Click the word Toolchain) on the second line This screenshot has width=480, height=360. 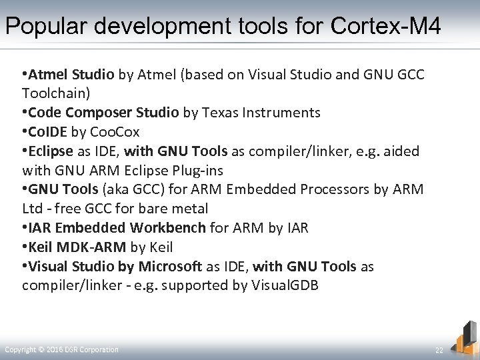[x=56, y=93]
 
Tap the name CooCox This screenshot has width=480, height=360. [x=114, y=131]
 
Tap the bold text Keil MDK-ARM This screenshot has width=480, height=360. [x=77, y=247]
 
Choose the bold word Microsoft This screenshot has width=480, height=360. [x=170, y=267]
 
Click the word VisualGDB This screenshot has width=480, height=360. [x=285, y=286]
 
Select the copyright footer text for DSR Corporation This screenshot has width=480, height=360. [x=61, y=349]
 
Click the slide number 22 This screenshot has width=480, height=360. [x=438, y=350]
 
